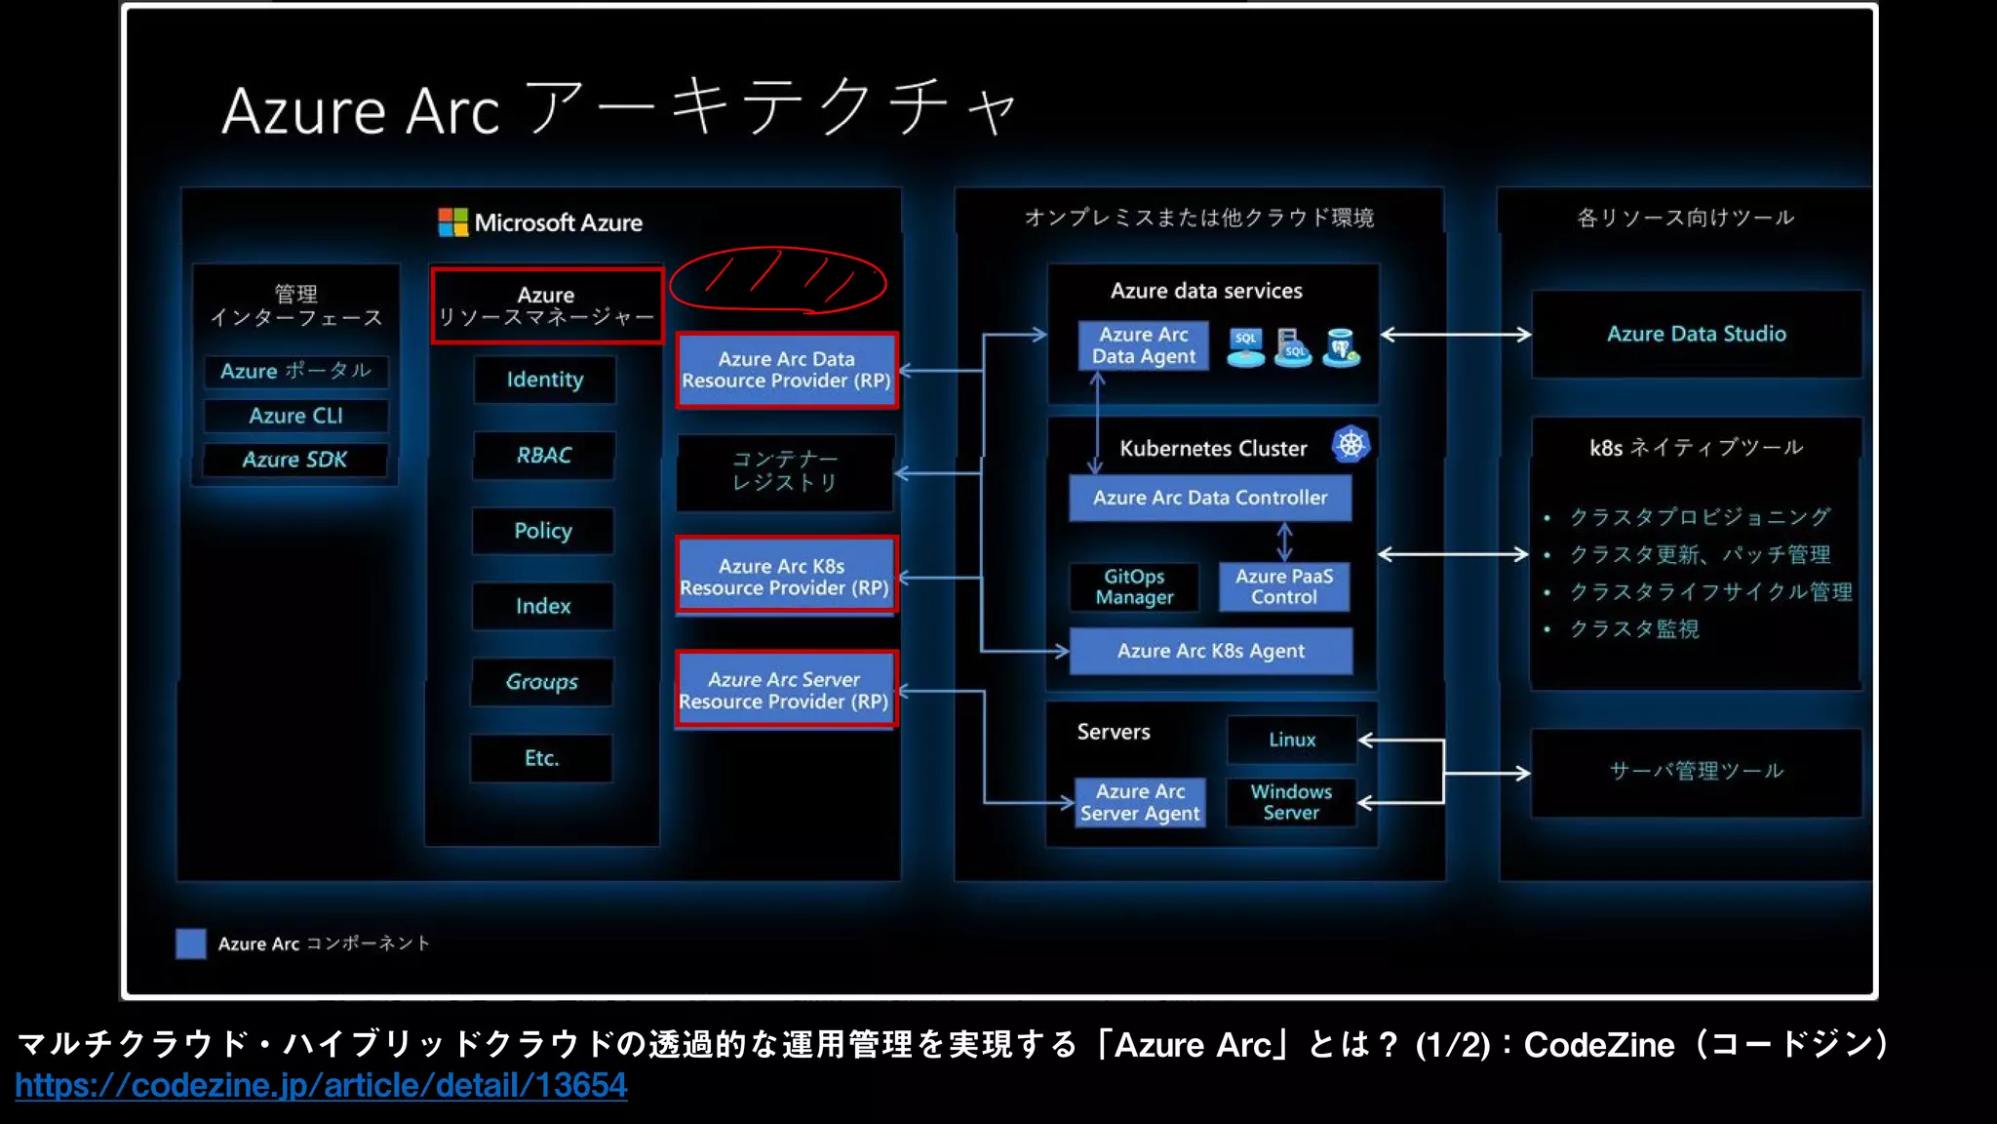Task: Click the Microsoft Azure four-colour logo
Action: (452, 222)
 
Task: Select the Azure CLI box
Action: (295, 416)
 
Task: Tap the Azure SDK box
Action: (294, 460)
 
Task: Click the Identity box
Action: (544, 380)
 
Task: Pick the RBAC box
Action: (543, 455)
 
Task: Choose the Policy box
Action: (543, 531)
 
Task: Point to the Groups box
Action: (542, 682)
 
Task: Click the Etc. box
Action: (541, 758)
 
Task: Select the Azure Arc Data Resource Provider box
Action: (786, 370)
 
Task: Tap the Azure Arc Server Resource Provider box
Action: (785, 690)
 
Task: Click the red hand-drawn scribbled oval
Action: (777, 281)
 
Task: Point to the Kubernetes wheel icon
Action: (1351, 445)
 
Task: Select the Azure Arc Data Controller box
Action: (1210, 498)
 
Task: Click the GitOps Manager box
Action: (1134, 586)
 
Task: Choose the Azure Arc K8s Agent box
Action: (1210, 651)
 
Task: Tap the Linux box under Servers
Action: (1292, 740)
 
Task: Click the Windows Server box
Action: (1291, 802)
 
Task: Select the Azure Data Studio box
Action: (1696, 334)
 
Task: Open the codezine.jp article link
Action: (321, 1085)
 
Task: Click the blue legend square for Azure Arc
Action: (191, 943)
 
